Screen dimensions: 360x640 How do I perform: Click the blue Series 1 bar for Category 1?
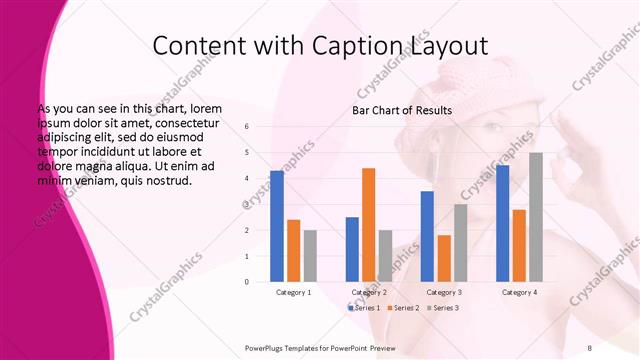277,226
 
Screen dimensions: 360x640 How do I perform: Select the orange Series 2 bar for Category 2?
369,225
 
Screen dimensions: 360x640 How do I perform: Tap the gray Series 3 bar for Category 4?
536,217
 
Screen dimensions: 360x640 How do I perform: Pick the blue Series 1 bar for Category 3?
427,236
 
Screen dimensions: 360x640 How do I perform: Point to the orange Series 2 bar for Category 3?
444,258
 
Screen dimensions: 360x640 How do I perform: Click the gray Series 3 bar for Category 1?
310,256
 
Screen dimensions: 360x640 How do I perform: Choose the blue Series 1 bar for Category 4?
502,223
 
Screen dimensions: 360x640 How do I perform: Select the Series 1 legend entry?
364,307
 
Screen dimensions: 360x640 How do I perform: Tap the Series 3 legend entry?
441,307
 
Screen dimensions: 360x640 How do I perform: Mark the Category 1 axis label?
294,292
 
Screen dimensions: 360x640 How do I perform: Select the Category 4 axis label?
519,292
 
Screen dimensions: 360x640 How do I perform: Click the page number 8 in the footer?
589,347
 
